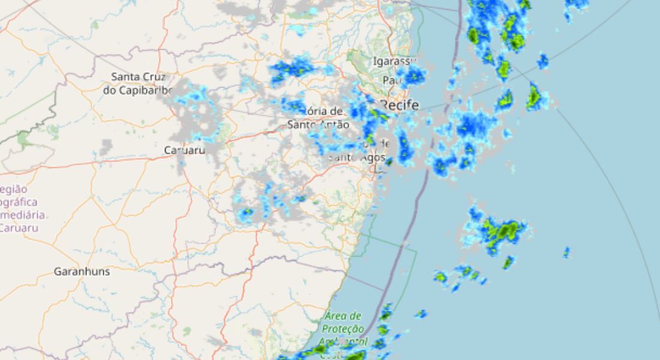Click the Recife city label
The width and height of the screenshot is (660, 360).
tap(400, 106)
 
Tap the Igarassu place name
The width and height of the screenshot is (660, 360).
tap(394, 61)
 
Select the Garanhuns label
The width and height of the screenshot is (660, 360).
tap(82, 271)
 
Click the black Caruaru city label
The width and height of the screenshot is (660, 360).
tap(185, 150)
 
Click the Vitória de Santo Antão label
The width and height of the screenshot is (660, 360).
tap(318, 118)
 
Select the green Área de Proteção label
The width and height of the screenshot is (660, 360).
tap(343, 322)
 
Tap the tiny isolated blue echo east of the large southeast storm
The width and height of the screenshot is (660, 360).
tap(566, 252)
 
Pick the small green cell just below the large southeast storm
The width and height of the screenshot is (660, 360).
tap(509, 262)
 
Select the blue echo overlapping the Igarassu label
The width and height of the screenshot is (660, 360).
tap(413, 75)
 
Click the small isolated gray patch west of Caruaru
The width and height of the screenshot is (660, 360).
tap(106, 146)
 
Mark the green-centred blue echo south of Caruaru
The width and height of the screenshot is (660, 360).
tap(246, 212)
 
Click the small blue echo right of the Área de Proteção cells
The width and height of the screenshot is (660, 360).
tap(421, 313)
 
